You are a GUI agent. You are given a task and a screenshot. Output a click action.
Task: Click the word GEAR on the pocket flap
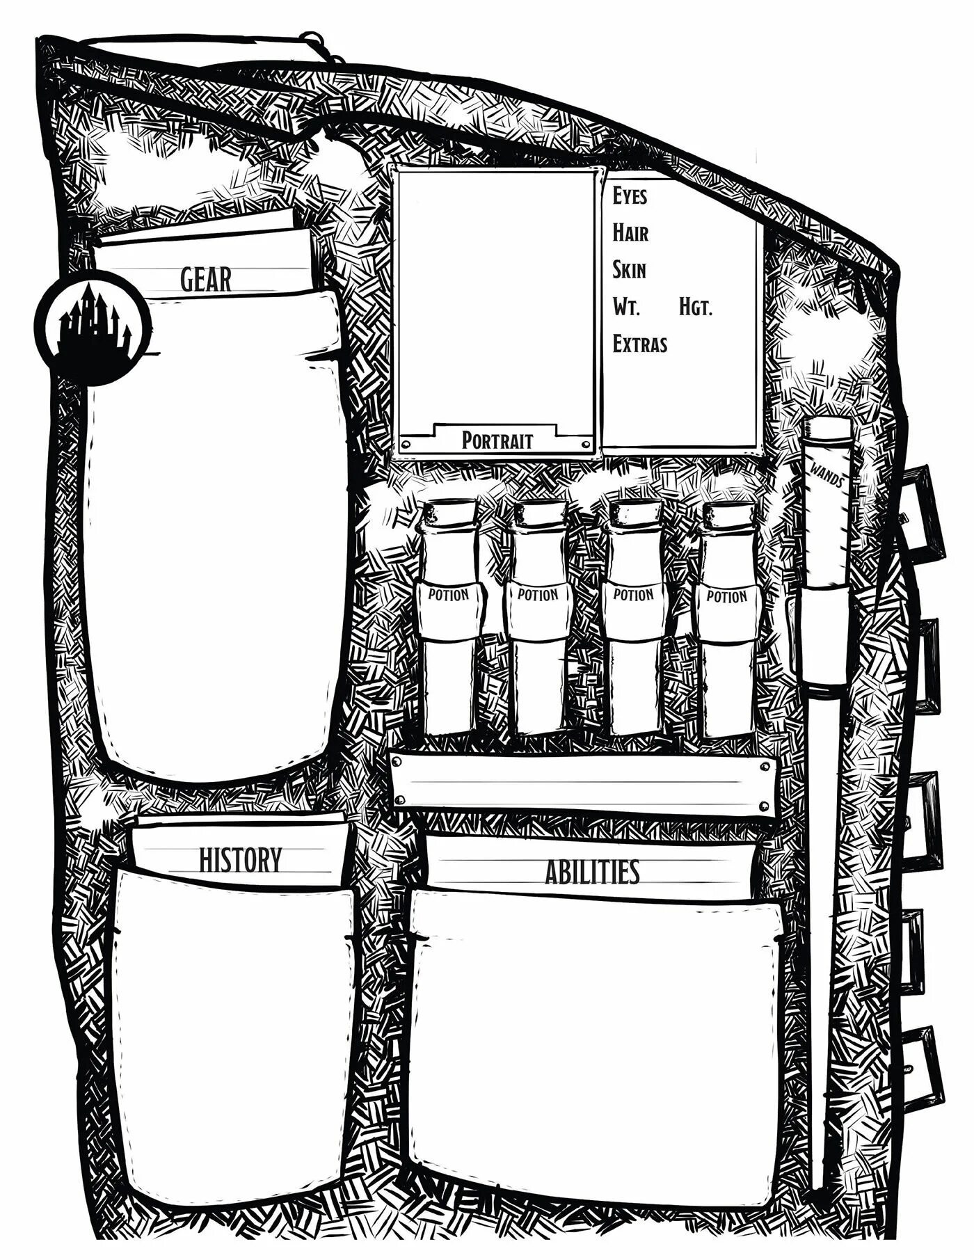point(205,279)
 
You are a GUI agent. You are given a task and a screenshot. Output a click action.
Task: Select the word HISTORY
point(240,859)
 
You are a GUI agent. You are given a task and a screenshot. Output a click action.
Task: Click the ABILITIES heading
point(592,871)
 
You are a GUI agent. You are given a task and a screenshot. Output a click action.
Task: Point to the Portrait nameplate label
point(497,440)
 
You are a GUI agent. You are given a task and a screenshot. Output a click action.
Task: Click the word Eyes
point(630,196)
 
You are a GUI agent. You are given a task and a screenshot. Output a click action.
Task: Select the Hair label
point(630,232)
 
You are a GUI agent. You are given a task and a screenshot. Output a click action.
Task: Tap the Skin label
point(629,269)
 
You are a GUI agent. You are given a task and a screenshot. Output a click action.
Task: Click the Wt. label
point(625,306)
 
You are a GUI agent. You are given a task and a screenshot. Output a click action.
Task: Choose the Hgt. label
point(696,306)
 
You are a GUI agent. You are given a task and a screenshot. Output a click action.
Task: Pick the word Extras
point(640,344)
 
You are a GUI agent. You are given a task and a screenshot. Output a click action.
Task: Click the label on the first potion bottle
point(449,596)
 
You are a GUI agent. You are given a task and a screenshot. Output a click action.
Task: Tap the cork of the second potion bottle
point(540,513)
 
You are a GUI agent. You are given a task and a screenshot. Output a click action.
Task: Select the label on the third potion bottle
point(633,596)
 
